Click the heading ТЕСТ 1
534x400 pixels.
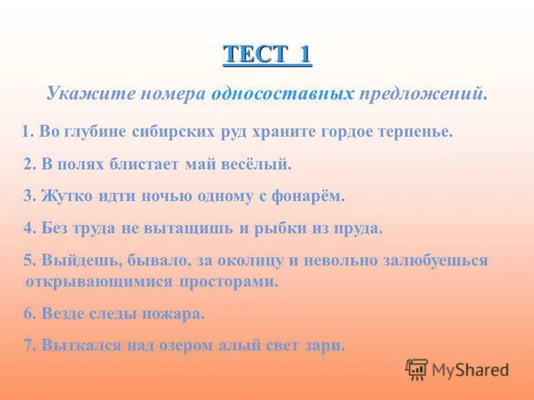pyautogui.click(x=267, y=53)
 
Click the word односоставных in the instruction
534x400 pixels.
pyautogui.click(x=282, y=93)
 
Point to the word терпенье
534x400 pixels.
pyautogui.click(x=417, y=131)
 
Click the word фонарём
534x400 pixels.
pyautogui.click(x=314, y=195)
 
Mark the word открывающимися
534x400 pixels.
pyautogui.click(x=99, y=281)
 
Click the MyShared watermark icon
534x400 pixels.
pyautogui.click(x=417, y=369)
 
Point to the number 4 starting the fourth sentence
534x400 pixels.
pyautogui.click(x=27, y=228)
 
